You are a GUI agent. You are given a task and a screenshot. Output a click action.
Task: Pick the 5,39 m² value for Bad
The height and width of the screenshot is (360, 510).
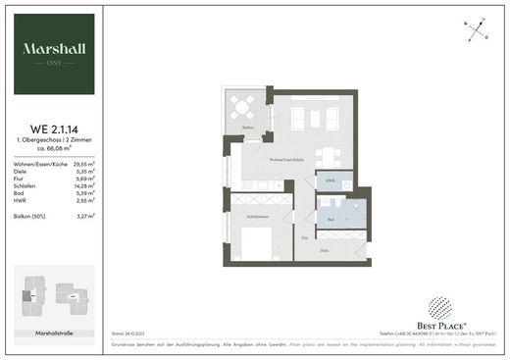[x=83, y=191]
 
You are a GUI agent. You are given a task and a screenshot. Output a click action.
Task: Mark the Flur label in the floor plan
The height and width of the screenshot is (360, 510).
[x=305, y=238]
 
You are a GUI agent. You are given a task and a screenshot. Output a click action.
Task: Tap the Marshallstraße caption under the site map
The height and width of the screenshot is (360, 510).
[x=55, y=334]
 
